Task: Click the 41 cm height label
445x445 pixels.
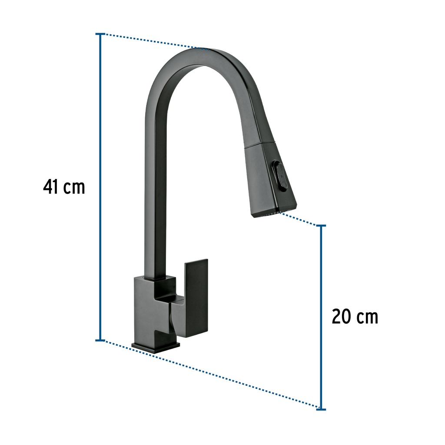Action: coord(64,187)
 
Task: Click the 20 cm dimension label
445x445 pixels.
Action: coord(355,316)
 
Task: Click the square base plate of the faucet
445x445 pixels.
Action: coord(156,346)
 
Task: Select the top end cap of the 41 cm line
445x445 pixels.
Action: coord(100,34)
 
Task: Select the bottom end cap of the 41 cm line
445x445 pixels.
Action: coord(100,340)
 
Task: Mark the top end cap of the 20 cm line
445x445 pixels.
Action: coord(321,226)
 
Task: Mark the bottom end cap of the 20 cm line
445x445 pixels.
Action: coord(321,409)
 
